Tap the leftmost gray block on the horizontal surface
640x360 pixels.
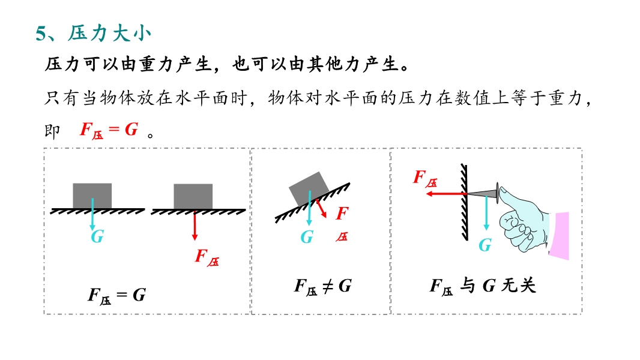(92, 195)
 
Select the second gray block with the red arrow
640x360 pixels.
(193, 195)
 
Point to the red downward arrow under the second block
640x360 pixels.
(195, 227)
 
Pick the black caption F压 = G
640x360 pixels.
(116, 295)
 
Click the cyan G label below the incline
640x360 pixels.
(307, 238)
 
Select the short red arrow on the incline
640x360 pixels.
(321, 208)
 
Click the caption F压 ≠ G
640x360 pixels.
(322, 286)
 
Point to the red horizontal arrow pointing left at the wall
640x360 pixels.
(444, 194)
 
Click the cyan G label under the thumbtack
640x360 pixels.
(485, 245)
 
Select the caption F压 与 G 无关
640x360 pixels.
(482, 286)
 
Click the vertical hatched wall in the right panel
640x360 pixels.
(464, 201)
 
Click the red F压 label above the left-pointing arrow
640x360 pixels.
(425, 178)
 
